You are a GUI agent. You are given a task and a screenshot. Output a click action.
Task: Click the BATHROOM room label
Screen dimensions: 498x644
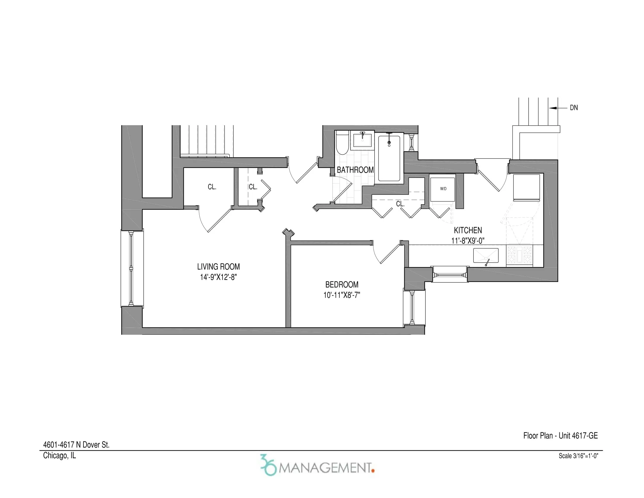point(355,170)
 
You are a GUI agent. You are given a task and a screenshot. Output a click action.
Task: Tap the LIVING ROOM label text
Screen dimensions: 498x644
point(218,266)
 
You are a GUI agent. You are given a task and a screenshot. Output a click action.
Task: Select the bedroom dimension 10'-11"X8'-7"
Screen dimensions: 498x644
point(341,295)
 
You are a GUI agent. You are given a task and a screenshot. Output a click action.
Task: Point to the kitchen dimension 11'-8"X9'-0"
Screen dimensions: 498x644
point(468,241)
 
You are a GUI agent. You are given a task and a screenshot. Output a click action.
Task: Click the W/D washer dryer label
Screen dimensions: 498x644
point(443,189)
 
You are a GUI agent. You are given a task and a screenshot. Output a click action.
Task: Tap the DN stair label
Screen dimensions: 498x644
point(573,108)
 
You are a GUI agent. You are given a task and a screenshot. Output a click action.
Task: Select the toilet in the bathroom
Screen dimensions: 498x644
point(342,144)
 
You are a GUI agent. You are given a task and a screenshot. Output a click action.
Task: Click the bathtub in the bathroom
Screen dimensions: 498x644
point(389,158)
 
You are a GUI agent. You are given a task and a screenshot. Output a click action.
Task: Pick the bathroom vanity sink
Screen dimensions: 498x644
point(362,140)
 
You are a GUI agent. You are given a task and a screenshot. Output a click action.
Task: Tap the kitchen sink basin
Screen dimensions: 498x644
point(486,255)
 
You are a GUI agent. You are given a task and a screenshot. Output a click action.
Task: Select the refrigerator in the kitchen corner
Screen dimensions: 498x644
point(526,187)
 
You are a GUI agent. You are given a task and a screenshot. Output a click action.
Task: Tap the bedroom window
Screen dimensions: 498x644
point(412,307)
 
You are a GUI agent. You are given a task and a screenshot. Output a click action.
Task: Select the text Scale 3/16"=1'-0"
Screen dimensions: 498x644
point(578,456)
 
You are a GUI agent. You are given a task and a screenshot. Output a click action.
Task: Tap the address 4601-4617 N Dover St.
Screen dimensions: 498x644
point(76,445)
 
